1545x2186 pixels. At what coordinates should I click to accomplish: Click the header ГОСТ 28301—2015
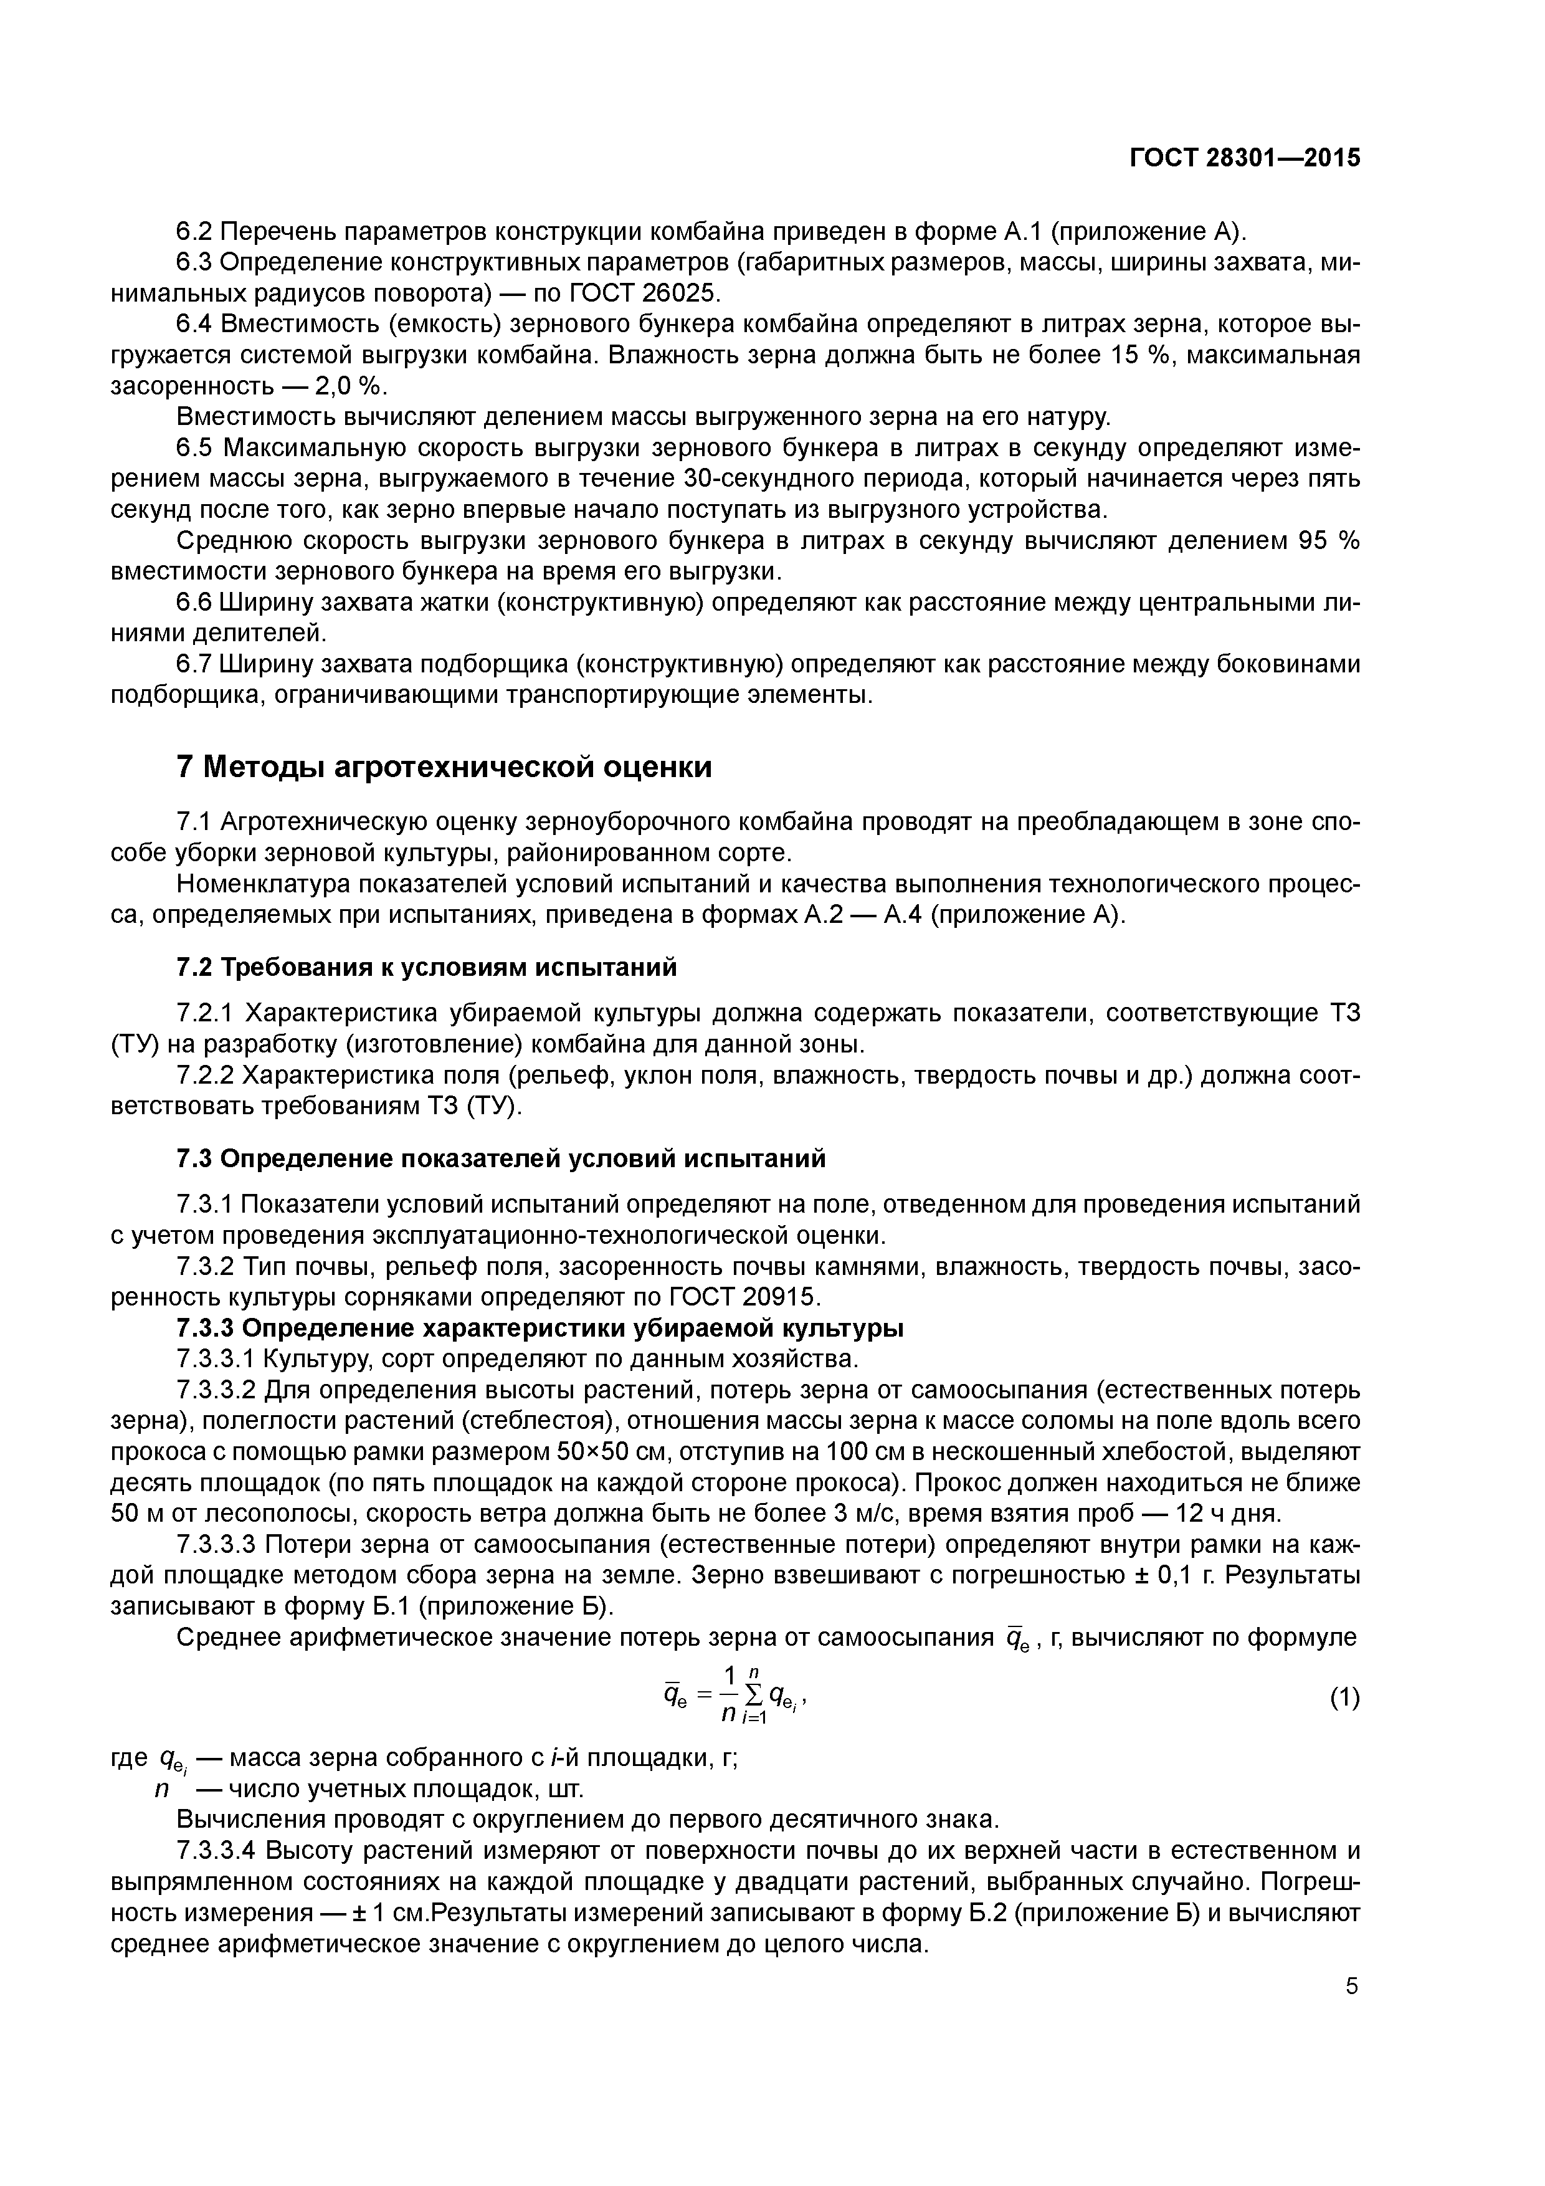point(1244,158)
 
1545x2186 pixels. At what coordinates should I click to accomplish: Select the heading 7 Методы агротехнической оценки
point(445,766)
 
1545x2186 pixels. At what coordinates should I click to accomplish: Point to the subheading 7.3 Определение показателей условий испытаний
point(502,1158)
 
